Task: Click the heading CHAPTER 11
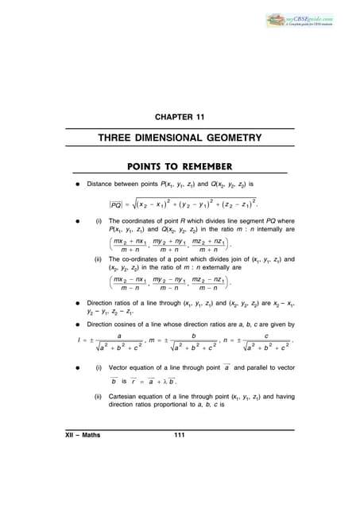(180, 118)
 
